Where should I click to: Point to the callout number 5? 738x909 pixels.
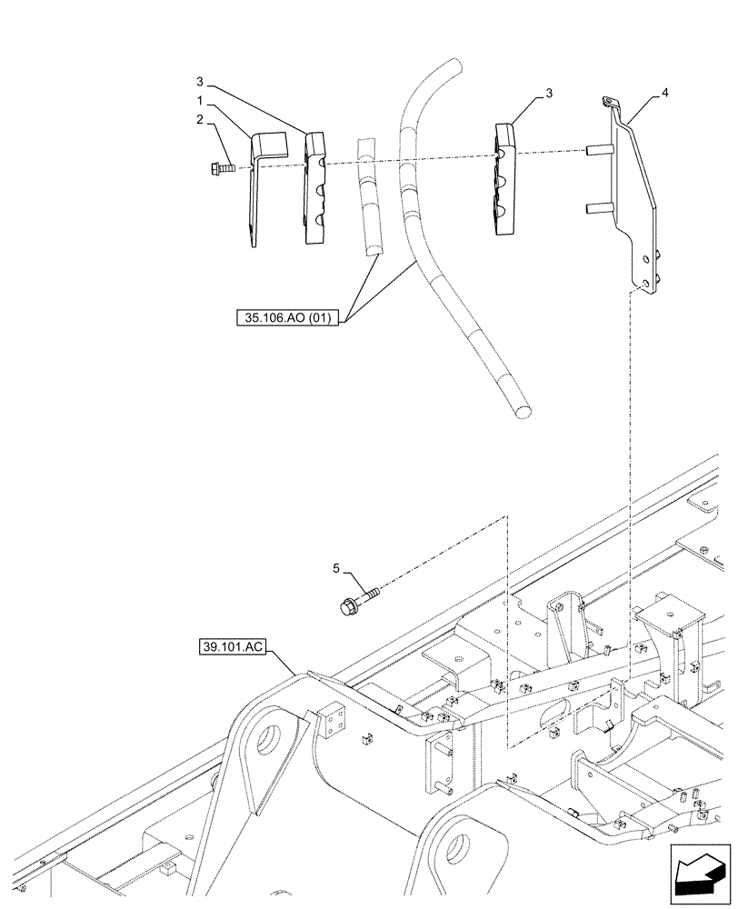[335, 570]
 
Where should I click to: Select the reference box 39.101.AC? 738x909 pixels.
[231, 648]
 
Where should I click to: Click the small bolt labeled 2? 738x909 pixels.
[221, 168]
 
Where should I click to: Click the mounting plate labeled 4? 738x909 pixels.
[634, 200]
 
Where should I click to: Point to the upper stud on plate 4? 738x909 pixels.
[597, 149]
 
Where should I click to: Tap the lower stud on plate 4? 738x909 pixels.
[597, 208]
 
